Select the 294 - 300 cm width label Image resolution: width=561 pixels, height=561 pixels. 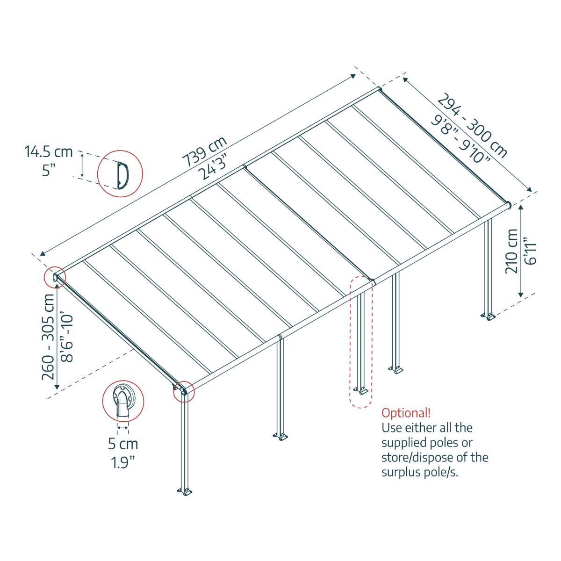(472, 125)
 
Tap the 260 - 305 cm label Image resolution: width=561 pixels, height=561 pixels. (50, 337)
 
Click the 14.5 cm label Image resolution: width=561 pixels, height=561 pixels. (49, 151)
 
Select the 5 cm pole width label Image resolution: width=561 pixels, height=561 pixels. (123, 443)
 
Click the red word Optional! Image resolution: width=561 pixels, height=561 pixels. (406, 413)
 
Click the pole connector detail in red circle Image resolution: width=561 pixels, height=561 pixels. (122, 402)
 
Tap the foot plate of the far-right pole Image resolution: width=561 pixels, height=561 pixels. (490, 317)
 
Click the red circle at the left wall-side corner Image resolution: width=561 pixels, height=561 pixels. (54, 277)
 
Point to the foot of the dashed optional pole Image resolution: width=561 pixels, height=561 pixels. (360, 389)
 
